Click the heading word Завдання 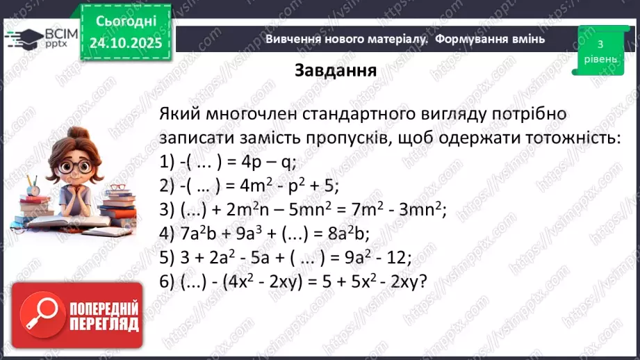point(336,71)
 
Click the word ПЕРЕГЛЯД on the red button point(104,324)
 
